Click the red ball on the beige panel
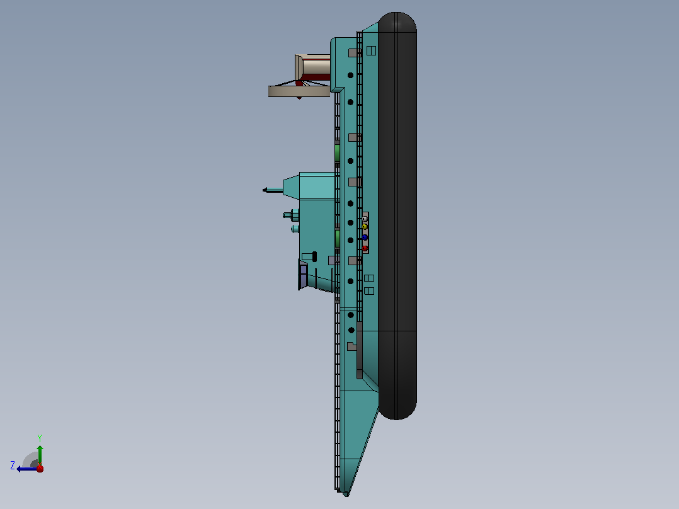(365, 248)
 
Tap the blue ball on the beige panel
(365, 237)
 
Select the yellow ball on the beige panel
(365, 227)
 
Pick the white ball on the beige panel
(365, 219)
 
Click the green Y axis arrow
(40, 455)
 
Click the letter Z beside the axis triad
(13, 466)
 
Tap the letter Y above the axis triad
(40, 438)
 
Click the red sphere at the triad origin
(40, 468)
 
